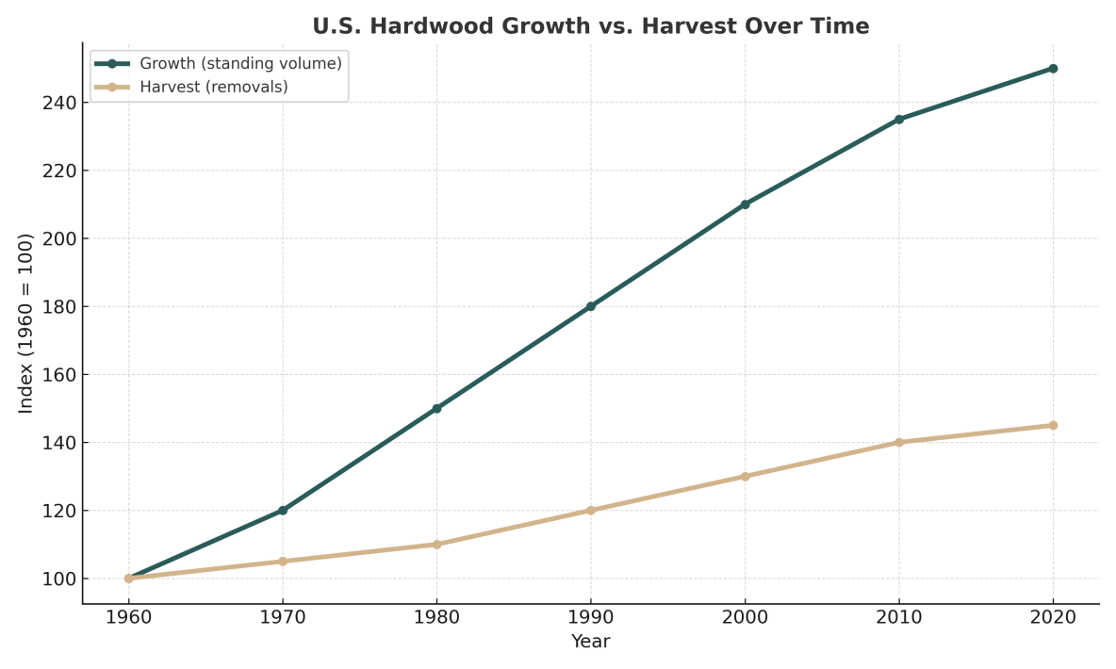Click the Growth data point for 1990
point(590,306)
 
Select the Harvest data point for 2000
point(745,476)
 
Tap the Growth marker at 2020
point(1053,69)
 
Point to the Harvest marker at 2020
point(1053,425)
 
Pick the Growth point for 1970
point(283,510)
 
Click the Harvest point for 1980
point(436,544)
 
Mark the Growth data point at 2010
point(898,120)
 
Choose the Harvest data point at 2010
point(898,442)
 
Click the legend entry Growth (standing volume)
point(240,64)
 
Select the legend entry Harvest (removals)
point(213,87)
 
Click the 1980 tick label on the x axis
point(436,617)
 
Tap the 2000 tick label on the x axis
point(745,617)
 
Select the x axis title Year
point(590,642)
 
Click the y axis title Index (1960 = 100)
point(26,323)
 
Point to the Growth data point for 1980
point(436,408)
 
